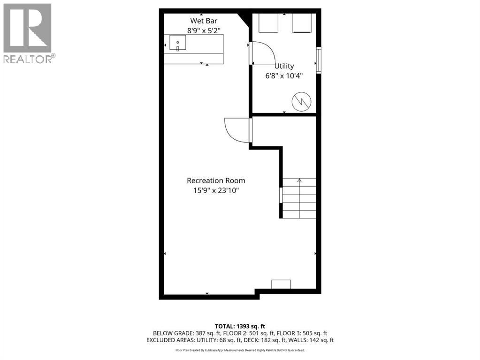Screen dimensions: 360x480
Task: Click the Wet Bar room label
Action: coord(203,21)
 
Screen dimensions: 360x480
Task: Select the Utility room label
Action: coord(284,66)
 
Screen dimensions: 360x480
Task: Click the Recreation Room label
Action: coord(216,180)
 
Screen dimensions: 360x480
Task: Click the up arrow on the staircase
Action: coord(299,180)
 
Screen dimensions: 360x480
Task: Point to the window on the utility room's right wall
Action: coord(319,60)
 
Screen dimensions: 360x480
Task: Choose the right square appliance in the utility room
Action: coord(303,22)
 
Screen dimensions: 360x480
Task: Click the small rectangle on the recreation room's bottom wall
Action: coord(281,284)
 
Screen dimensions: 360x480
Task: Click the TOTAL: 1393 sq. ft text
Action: coord(240,326)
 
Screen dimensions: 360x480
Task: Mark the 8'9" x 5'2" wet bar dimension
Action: coord(203,30)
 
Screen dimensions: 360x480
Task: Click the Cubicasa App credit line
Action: coord(240,350)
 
